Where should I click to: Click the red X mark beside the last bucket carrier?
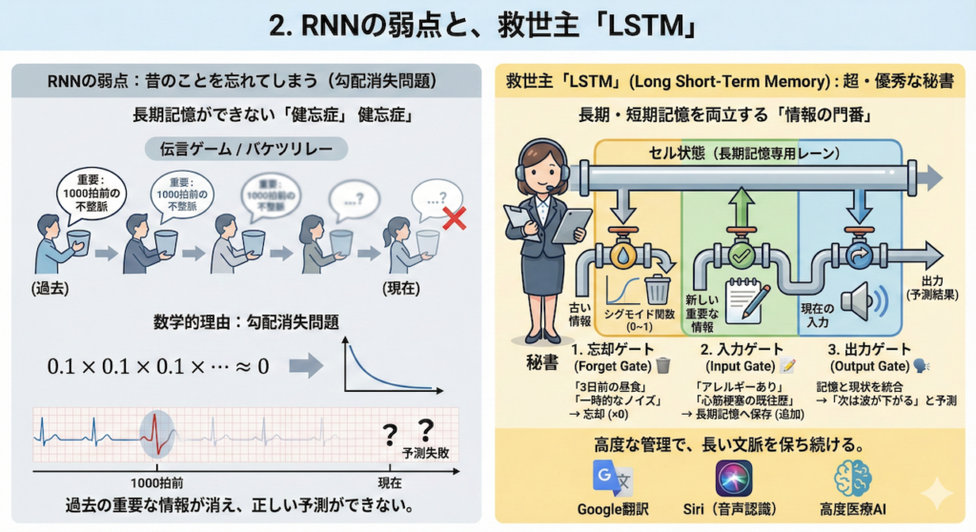coord(455,220)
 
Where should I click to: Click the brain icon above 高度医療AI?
coord(853,476)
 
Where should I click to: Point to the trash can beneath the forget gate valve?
coord(657,289)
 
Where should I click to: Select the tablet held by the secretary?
coord(572,225)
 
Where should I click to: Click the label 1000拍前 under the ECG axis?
coord(156,483)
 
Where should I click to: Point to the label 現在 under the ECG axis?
coord(389,483)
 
